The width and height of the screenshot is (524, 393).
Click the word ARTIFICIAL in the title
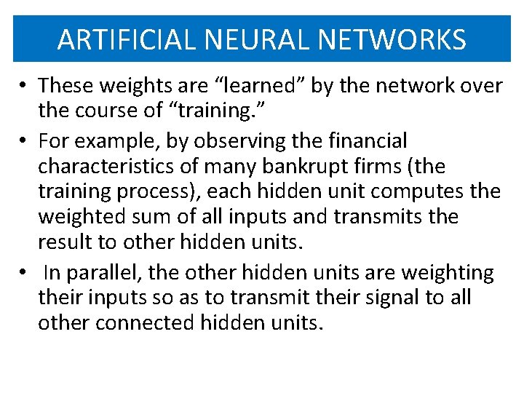point(125,39)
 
